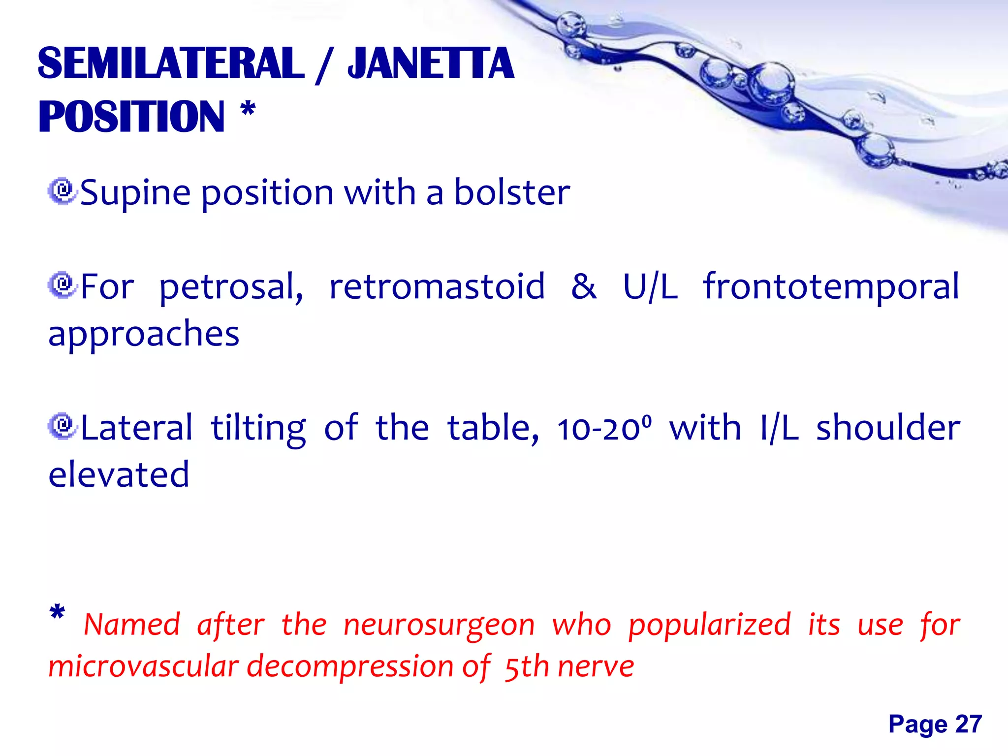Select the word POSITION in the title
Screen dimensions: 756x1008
coord(131,117)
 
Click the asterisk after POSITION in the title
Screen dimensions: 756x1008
coord(248,109)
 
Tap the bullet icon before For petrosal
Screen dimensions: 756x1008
coord(62,284)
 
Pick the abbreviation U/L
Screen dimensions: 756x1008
coord(650,287)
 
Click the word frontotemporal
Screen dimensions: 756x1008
coord(831,287)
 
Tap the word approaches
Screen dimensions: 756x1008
coord(144,334)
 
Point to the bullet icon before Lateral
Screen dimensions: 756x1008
coord(62,426)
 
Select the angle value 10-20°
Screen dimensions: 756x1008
coord(604,428)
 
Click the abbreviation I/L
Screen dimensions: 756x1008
coord(779,428)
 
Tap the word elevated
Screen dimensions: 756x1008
coord(119,474)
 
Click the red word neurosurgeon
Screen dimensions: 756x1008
coord(439,626)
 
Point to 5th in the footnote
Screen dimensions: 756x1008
coord(527,667)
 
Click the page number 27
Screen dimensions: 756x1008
coord(968,724)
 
